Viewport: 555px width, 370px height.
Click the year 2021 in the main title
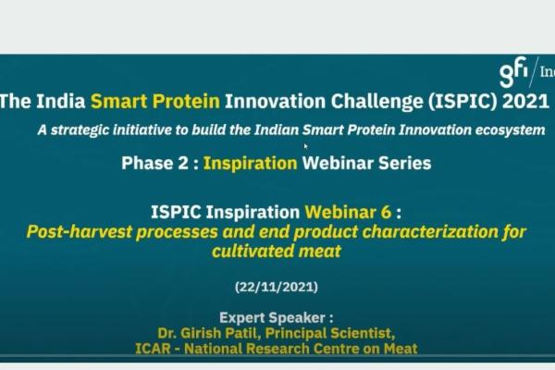[525, 102]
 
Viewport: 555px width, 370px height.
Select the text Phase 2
[155, 164]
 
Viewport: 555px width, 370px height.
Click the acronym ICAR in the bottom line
[160, 349]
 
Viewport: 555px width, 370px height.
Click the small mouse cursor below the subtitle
[305, 146]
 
